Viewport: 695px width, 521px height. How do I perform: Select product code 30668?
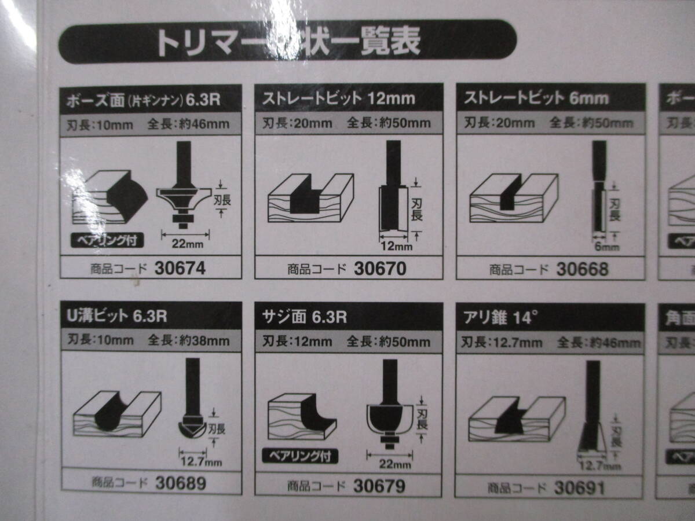pyautogui.click(x=582, y=269)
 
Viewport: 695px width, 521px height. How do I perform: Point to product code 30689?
pyautogui.click(x=180, y=483)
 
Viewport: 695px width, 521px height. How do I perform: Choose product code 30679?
pyautogui.click(x=380, y=486)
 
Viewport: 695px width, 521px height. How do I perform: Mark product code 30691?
pyautogui.click(x=579, y=487)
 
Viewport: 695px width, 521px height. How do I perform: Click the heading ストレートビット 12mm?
pyautogui.click(x=339, y=98)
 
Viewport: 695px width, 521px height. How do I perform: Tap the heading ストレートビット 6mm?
pyautogui.click(x=536, y=98)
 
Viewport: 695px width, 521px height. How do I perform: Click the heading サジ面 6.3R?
pyautogui.click(x=305, y=318)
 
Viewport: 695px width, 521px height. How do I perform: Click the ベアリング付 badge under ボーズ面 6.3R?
pyautogui.click(x=107, y=240)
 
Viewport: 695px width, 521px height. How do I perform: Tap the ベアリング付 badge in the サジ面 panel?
pyautogui.click(x=300, y=456)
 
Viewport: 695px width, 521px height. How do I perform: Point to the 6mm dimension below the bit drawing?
pyautogui.click(x=606, y=247)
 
